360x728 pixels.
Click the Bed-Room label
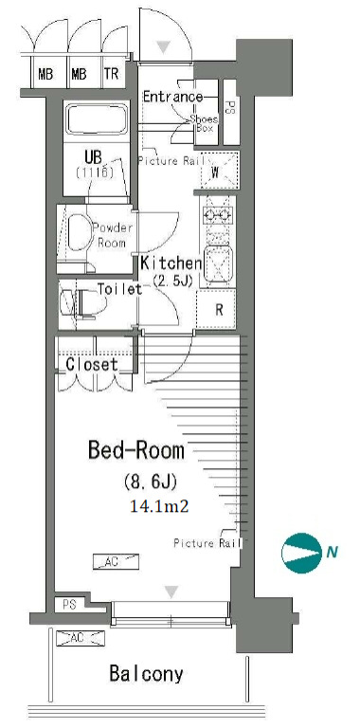pos(135,450)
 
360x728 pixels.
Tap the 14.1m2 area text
pos(159,506)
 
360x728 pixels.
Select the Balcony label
pos(146,674)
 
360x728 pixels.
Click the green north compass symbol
pos(301,553)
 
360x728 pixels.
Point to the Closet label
pos(92,364)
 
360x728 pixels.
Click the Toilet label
pos(119,289)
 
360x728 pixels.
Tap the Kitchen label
pos(171,264)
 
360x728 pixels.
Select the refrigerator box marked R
pos(216,310)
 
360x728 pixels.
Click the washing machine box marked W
pos(220,170)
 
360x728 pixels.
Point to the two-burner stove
pos(218,214)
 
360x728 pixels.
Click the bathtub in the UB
pos(97,119)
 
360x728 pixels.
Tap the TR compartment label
pos(112,74)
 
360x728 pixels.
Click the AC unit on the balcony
pos(81,638)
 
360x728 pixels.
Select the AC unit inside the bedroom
pos(116,562)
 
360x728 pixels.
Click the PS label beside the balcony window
pos(69,605)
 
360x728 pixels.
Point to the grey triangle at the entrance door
pos(163,46)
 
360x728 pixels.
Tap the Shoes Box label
pos(203,123)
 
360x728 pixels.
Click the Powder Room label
pos(113,235)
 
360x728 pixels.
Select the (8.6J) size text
pos(150,482)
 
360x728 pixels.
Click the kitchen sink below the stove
pos(218,263)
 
